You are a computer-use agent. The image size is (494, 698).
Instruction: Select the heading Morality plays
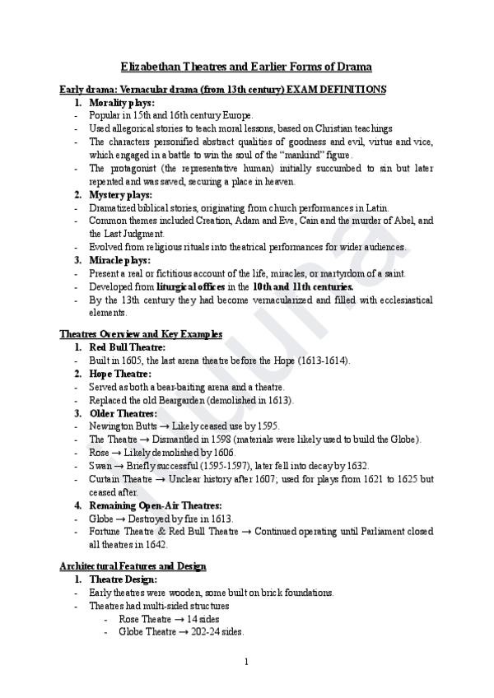click(122, 103)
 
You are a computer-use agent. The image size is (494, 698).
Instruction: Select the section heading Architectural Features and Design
click(133, 566)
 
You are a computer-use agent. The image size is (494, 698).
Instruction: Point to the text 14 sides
click(202, 619)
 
